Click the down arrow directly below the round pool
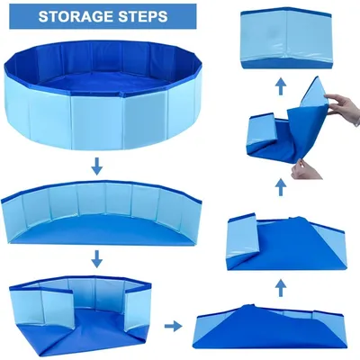94,166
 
